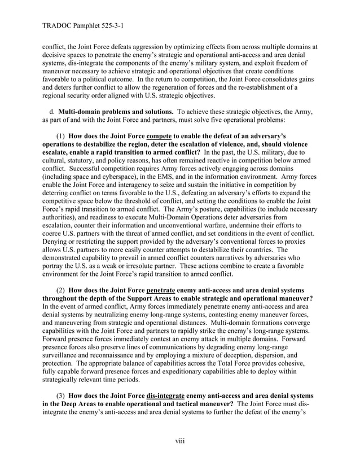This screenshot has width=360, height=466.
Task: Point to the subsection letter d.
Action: point(52,113)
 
